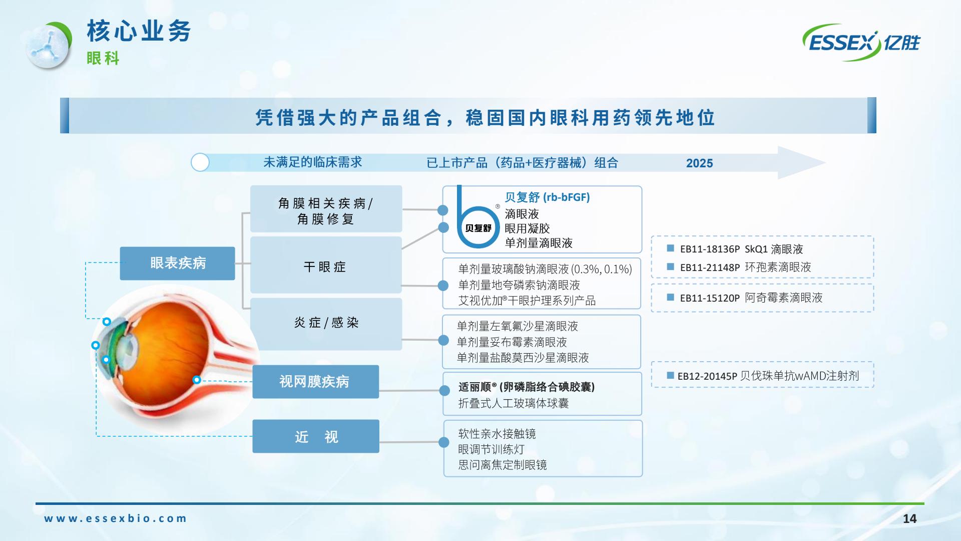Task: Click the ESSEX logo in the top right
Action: (x=861, y=42)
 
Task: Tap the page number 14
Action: (x=909, y=519)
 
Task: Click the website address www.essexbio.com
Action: (x=115, y=518)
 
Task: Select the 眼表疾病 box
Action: (x=177, y=263)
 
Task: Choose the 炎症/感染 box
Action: (x=326, y=324)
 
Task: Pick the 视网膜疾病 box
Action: (x=315, y=382)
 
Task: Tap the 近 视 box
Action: (x=315, y=436)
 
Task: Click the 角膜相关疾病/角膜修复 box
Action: (x=326, y=209)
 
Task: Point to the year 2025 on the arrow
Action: (x=699, y=163)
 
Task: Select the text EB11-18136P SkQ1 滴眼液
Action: (x=741, y=249)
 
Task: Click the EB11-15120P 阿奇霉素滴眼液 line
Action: (x=751, y=298)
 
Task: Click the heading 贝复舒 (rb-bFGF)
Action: (x=547, y=197)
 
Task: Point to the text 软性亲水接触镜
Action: (x=497, y=434)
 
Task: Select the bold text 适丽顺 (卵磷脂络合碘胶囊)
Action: (x=527, y=387)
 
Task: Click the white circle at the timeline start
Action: (x=200, y=162)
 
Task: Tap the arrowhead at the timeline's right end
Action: (x=801, y=162)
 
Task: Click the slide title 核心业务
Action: (x=139, y=31)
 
